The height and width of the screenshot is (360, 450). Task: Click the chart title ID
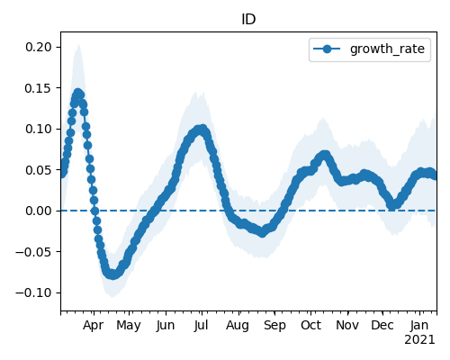click(248, 20)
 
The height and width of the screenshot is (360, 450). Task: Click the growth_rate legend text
click(387, 49)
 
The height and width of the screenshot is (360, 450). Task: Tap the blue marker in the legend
click(327, 49)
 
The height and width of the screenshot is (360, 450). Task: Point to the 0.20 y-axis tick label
click(39, 47)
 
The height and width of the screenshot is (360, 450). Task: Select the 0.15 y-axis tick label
click(39, 88)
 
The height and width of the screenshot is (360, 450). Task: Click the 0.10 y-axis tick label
click(39, 129)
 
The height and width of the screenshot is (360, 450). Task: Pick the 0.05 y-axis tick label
click(39, 170)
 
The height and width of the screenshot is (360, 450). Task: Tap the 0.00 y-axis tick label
click(39, 211)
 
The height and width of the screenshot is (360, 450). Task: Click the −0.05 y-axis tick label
click(33, 252)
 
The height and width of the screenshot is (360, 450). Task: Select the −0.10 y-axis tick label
click(33, 292)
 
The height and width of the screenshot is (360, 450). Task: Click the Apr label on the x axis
click(94, 326)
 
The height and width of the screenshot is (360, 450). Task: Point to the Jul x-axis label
click(201, 325)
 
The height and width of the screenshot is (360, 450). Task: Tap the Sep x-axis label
click(274, 326)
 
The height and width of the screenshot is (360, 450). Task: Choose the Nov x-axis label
click(347, 325)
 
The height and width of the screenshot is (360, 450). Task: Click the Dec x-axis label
click(382, 325)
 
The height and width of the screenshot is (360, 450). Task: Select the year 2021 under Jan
click(419, 340)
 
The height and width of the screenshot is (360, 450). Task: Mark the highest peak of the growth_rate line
click(78, 93)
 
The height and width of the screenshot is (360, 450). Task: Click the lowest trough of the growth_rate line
click(112, 274)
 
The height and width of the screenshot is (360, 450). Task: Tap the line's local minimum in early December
click(392, 206)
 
